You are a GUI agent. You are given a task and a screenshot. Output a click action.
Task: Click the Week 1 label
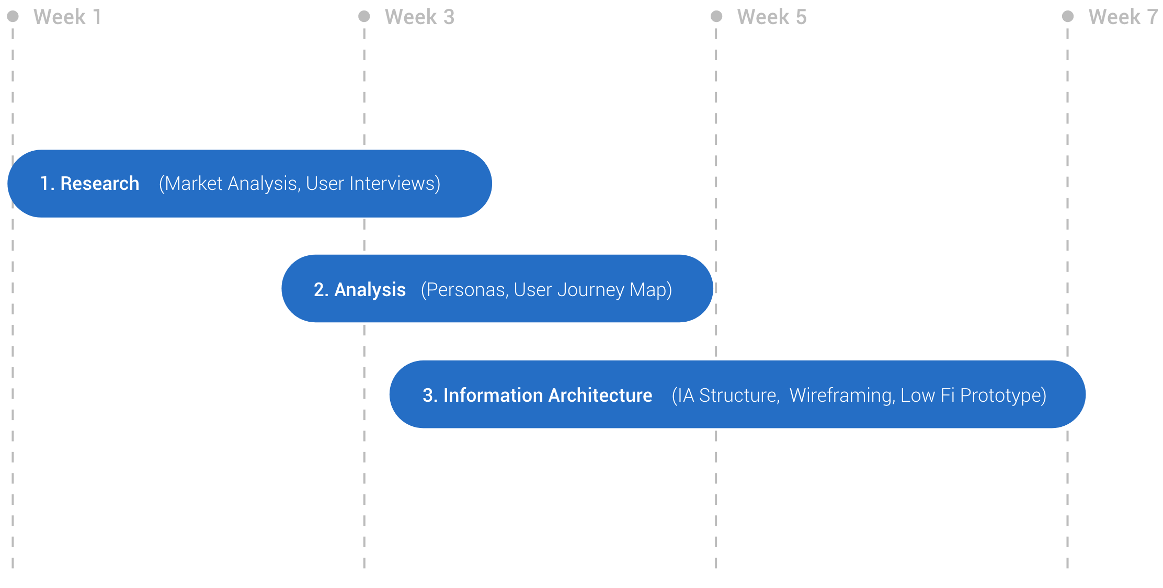coord(67,17)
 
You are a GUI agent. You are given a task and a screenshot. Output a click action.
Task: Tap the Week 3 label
coord(419,17)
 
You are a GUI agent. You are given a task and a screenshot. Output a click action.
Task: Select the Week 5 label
coord(772,17)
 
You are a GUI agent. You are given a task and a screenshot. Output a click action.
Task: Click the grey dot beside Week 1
coord(13,16)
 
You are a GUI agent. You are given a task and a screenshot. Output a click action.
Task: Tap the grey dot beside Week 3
coord(364,16)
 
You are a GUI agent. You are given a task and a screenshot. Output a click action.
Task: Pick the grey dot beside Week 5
coord(716,16)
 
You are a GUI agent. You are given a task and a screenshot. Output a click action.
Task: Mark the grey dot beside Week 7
coord(1068,16)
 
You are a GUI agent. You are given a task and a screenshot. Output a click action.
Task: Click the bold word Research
coord(100,184)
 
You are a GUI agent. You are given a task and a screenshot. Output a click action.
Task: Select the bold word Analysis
coord(370,290)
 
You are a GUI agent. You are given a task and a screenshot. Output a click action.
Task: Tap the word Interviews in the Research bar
coord(393,184)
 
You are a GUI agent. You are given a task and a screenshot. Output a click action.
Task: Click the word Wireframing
coord(842,396)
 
